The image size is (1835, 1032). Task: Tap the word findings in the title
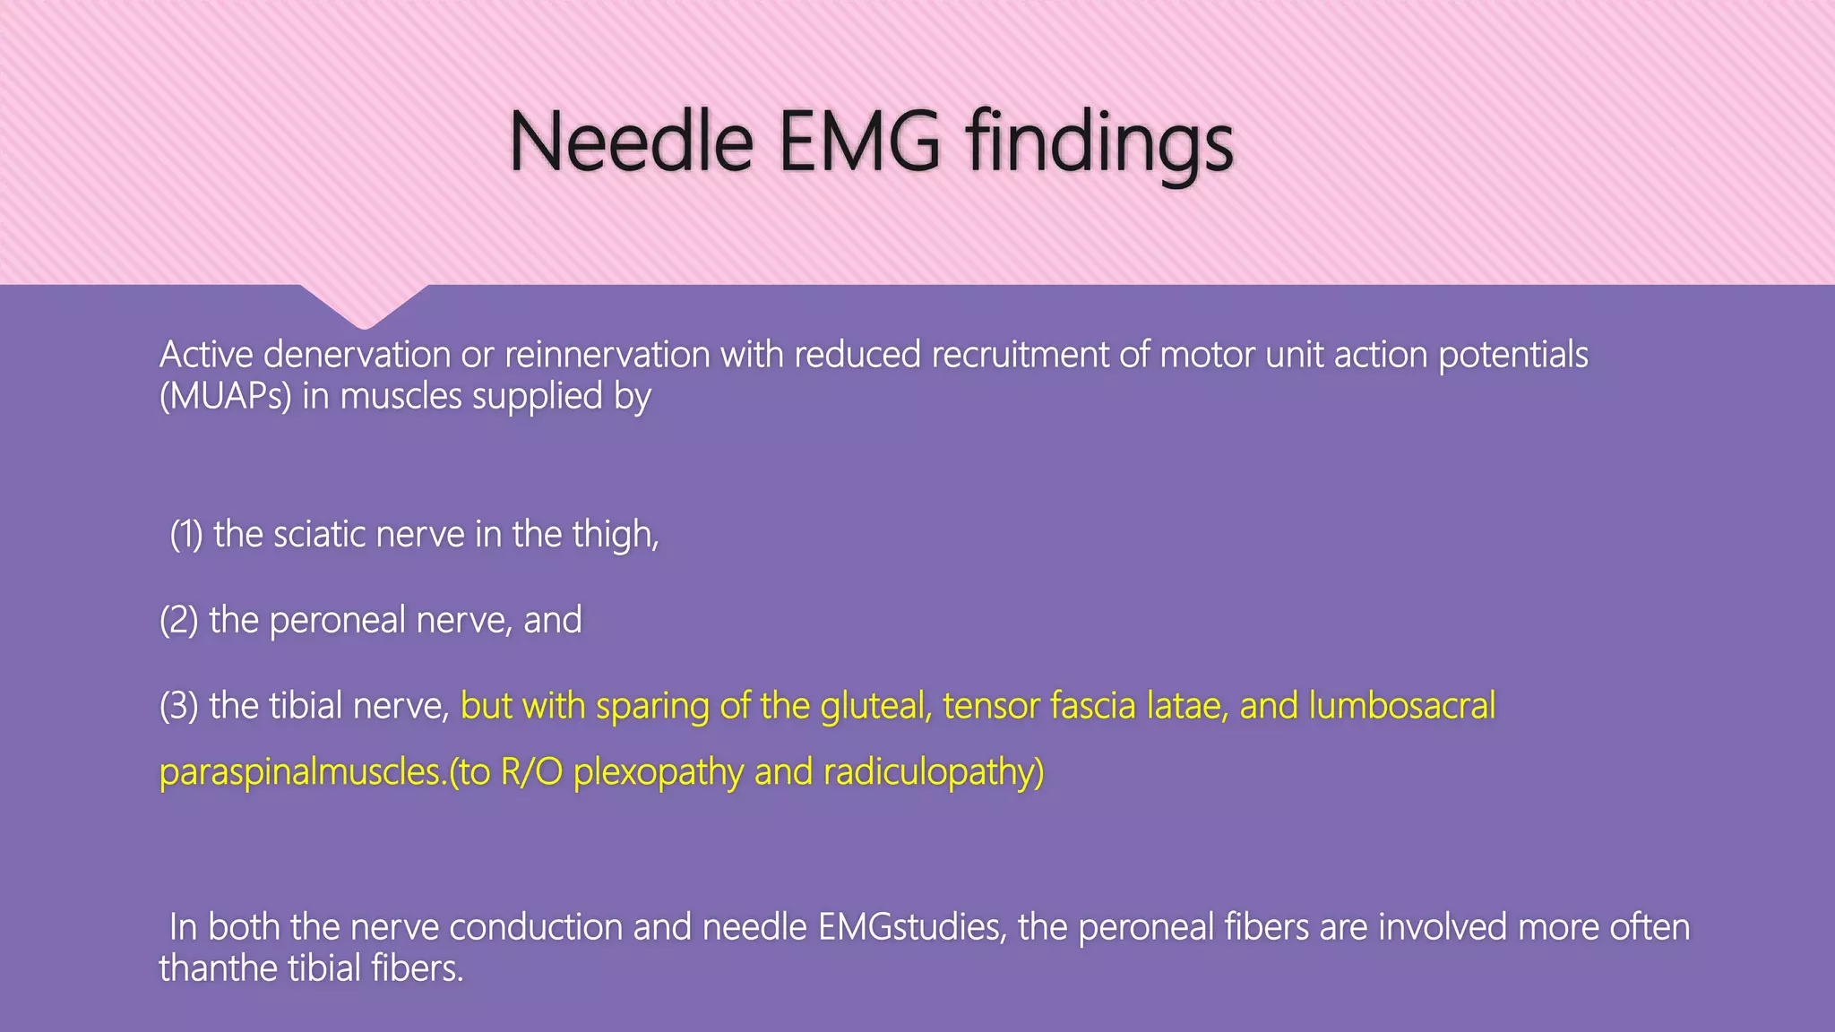point(1099,143)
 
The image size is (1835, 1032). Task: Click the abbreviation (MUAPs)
point(225,396)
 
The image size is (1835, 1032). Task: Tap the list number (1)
point(186,535)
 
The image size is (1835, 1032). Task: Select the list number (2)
point(178,620)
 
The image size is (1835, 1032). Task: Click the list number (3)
point(178,706)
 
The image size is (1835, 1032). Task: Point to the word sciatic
point(319,535)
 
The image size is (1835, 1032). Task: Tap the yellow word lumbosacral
point(1402,706)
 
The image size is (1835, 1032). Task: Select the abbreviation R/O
point(531,772)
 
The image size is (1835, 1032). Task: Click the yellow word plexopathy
point(658,772)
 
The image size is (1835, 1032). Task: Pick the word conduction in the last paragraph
point(535,927)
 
